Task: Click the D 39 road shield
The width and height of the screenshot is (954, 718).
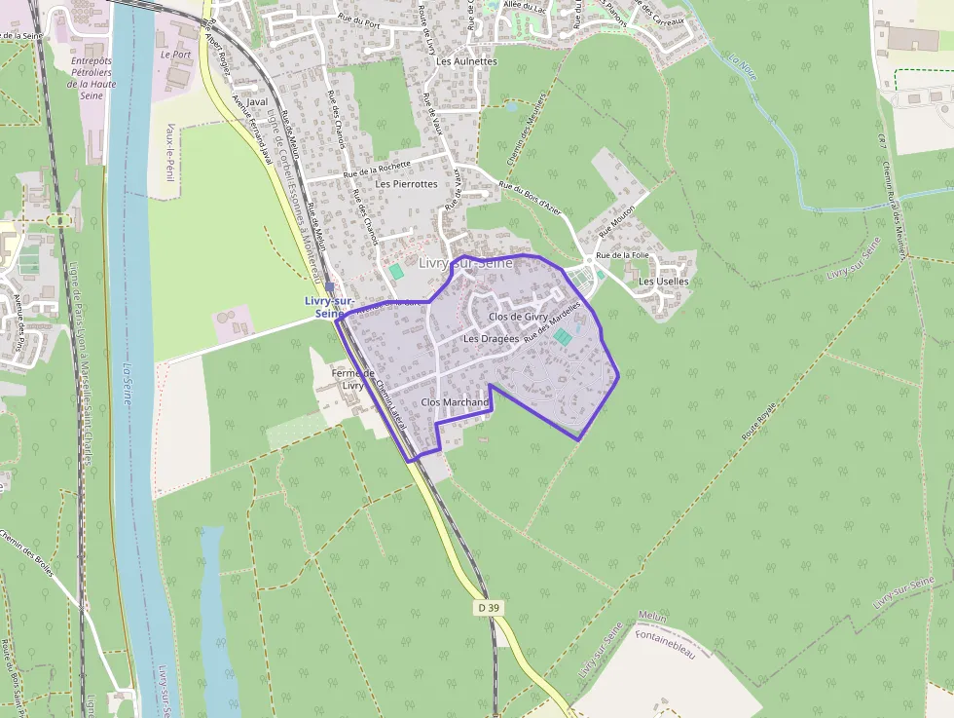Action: pos(490,607)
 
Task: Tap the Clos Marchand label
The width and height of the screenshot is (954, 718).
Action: pos(455,402)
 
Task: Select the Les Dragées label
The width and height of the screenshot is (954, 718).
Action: pos(492,339)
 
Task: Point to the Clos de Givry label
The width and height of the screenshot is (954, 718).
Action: pos(519,317)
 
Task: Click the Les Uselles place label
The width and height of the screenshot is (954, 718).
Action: pos(663,282)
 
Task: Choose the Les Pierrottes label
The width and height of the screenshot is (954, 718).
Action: pos(407,183)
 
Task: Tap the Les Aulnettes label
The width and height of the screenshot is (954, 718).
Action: pos(466,61)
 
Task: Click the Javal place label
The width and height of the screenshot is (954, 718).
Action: pos(257,101)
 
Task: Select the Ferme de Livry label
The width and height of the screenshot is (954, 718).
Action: pos(352,379)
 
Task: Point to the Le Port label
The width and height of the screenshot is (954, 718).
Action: pos(175,55)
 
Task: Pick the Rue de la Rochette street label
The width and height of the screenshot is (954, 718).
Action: pos(377,170)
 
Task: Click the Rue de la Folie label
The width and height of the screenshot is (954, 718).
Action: pos(622,255)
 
